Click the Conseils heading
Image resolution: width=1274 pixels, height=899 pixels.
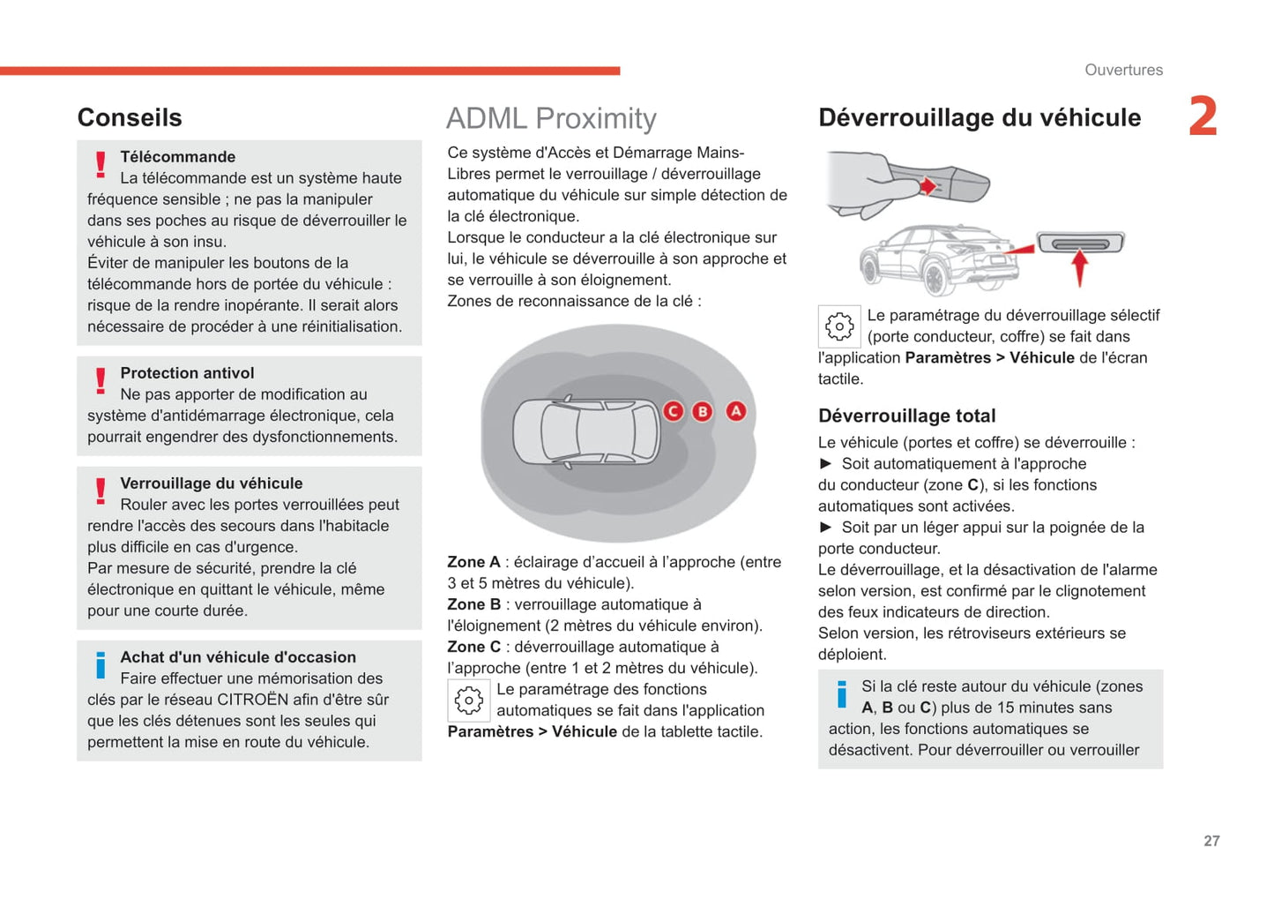tap(130, 117)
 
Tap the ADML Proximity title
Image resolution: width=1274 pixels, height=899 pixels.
tap(551, 118)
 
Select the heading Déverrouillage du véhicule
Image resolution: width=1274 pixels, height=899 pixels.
tap(980, 117)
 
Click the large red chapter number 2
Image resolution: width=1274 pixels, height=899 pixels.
tap(1203, 116)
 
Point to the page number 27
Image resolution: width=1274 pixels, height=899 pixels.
tap(1211, 841)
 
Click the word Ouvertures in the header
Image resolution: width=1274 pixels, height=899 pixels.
tap(1123, 70)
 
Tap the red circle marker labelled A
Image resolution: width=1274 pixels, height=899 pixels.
tap(735, 411)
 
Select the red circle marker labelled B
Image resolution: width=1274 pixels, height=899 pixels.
tap(702, 411)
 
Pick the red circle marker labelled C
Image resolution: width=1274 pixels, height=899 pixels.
tap(673, 411)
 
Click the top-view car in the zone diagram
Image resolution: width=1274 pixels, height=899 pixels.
tap(586, 431)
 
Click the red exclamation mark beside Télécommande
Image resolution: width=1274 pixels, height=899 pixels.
tap(101, 164)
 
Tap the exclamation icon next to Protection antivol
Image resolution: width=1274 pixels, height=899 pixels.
tap(101, 380)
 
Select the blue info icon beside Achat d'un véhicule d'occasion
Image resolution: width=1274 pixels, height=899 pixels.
tap(101, 665)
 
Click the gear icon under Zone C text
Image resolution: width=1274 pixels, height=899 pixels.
tap(468, 700)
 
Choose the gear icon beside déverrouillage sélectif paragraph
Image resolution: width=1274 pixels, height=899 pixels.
tap(839, 326)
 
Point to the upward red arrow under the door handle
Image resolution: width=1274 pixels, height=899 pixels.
tap(1079, 267)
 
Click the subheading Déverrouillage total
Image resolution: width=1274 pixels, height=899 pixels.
tap(906, 416)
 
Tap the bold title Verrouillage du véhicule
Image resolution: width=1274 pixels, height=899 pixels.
tap(212, 483)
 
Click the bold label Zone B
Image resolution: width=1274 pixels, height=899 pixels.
tap(473, 604)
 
